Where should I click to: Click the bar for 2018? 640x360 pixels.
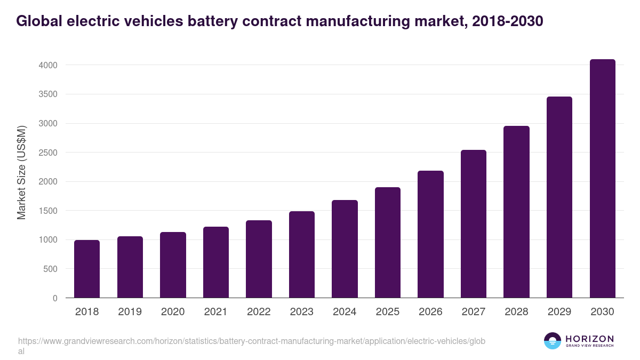click(87, 269)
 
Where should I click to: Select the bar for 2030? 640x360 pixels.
click(603, 179)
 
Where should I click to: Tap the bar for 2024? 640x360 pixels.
click(345, 249)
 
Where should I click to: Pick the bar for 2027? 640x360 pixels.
click(474, 224)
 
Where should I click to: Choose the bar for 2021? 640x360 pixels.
click(216, 262)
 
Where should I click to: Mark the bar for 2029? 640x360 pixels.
click(559, 197)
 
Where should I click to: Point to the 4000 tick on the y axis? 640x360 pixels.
click(47, 65)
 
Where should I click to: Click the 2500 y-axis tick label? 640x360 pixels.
click(47, 153)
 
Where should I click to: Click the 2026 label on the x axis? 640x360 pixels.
click(430, 312)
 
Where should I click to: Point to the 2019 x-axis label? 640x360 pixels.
click(130, 312)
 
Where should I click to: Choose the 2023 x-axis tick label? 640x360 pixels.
click(302, 312)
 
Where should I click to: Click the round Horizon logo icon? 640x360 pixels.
click(553, 341)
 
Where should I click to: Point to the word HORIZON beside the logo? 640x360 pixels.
click(589, 339)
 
